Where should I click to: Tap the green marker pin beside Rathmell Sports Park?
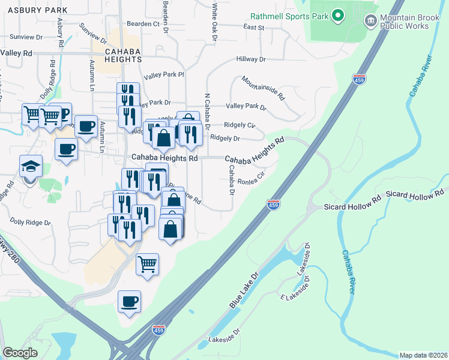pos(337,15)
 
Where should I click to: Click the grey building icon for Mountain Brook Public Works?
pos(370,22)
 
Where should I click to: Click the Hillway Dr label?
pos(251,59)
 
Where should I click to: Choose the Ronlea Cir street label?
pos(251,179)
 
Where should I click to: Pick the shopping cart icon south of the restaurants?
pos(147,264)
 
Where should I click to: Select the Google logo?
pos(20,353)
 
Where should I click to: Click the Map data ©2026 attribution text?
pos(423,355)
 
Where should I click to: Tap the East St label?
pos(253,27)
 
